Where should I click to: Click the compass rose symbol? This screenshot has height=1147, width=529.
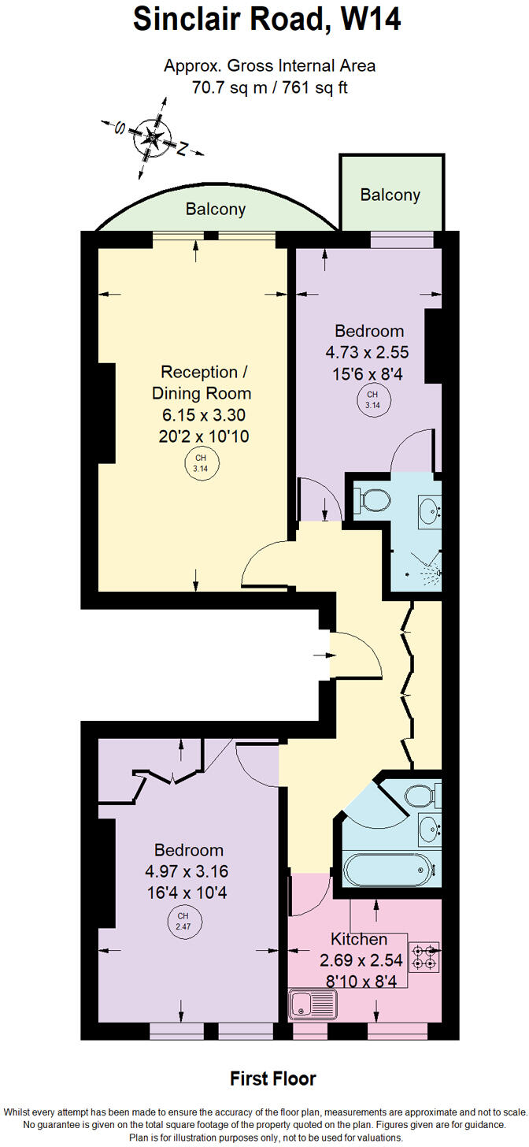pyautogui.click(x=152, y=139)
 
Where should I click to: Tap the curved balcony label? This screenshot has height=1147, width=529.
pyautogui.click(x=215, y=210)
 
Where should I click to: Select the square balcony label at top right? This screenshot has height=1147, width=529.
pyautogui.click(x=390, y=195)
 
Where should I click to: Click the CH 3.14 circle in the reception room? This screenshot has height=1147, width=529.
pyautogui.click(x=202, y=463)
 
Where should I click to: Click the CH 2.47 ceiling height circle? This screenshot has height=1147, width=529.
pyautogui.click(x=183, y=919)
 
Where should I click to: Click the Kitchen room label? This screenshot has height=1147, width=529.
pyautogui.click(x=359, y=939)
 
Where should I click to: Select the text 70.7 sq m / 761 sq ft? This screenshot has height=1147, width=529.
pyautogui.click(x=269, y=87)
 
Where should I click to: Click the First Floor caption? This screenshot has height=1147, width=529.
pyautogui.click(x=272, y=1078)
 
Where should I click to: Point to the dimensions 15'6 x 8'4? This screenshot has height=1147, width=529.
pyautogui.click(x=368, y=375)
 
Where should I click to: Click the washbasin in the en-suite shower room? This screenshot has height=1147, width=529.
pyautogui.click(x=429, y=510)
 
